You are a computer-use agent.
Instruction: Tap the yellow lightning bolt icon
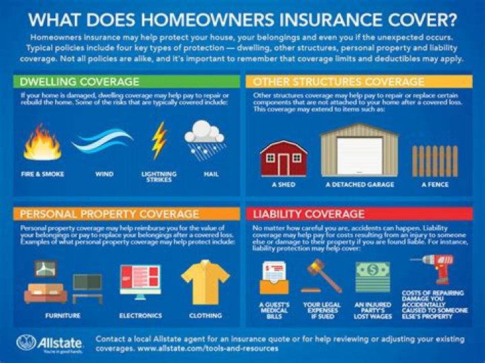[x=158, y=140]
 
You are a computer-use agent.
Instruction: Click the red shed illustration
[x=284, y=158]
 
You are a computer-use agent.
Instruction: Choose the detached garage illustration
[x=359, y=152]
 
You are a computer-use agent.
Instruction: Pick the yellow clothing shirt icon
[x=205, y=282]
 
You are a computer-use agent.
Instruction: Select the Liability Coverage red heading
[x=308, y=214]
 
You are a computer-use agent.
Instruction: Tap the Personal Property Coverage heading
[x=109, y=214]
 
